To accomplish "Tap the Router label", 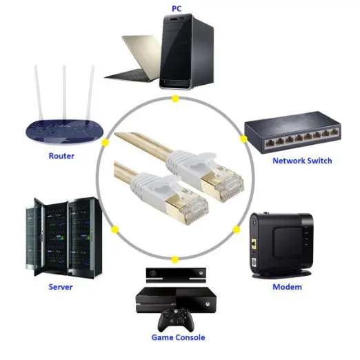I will click(61, 156).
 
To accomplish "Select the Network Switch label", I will click(302, 161).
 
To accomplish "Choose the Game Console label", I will click(179, 338).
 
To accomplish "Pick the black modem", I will click(283, 245).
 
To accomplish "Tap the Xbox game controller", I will click(174, 319).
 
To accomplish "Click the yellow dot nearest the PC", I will click(175, 99).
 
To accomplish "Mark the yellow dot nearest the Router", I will click(106, 143).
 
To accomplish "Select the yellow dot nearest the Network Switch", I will click(243, 139).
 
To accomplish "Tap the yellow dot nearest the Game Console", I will click(174, 260).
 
